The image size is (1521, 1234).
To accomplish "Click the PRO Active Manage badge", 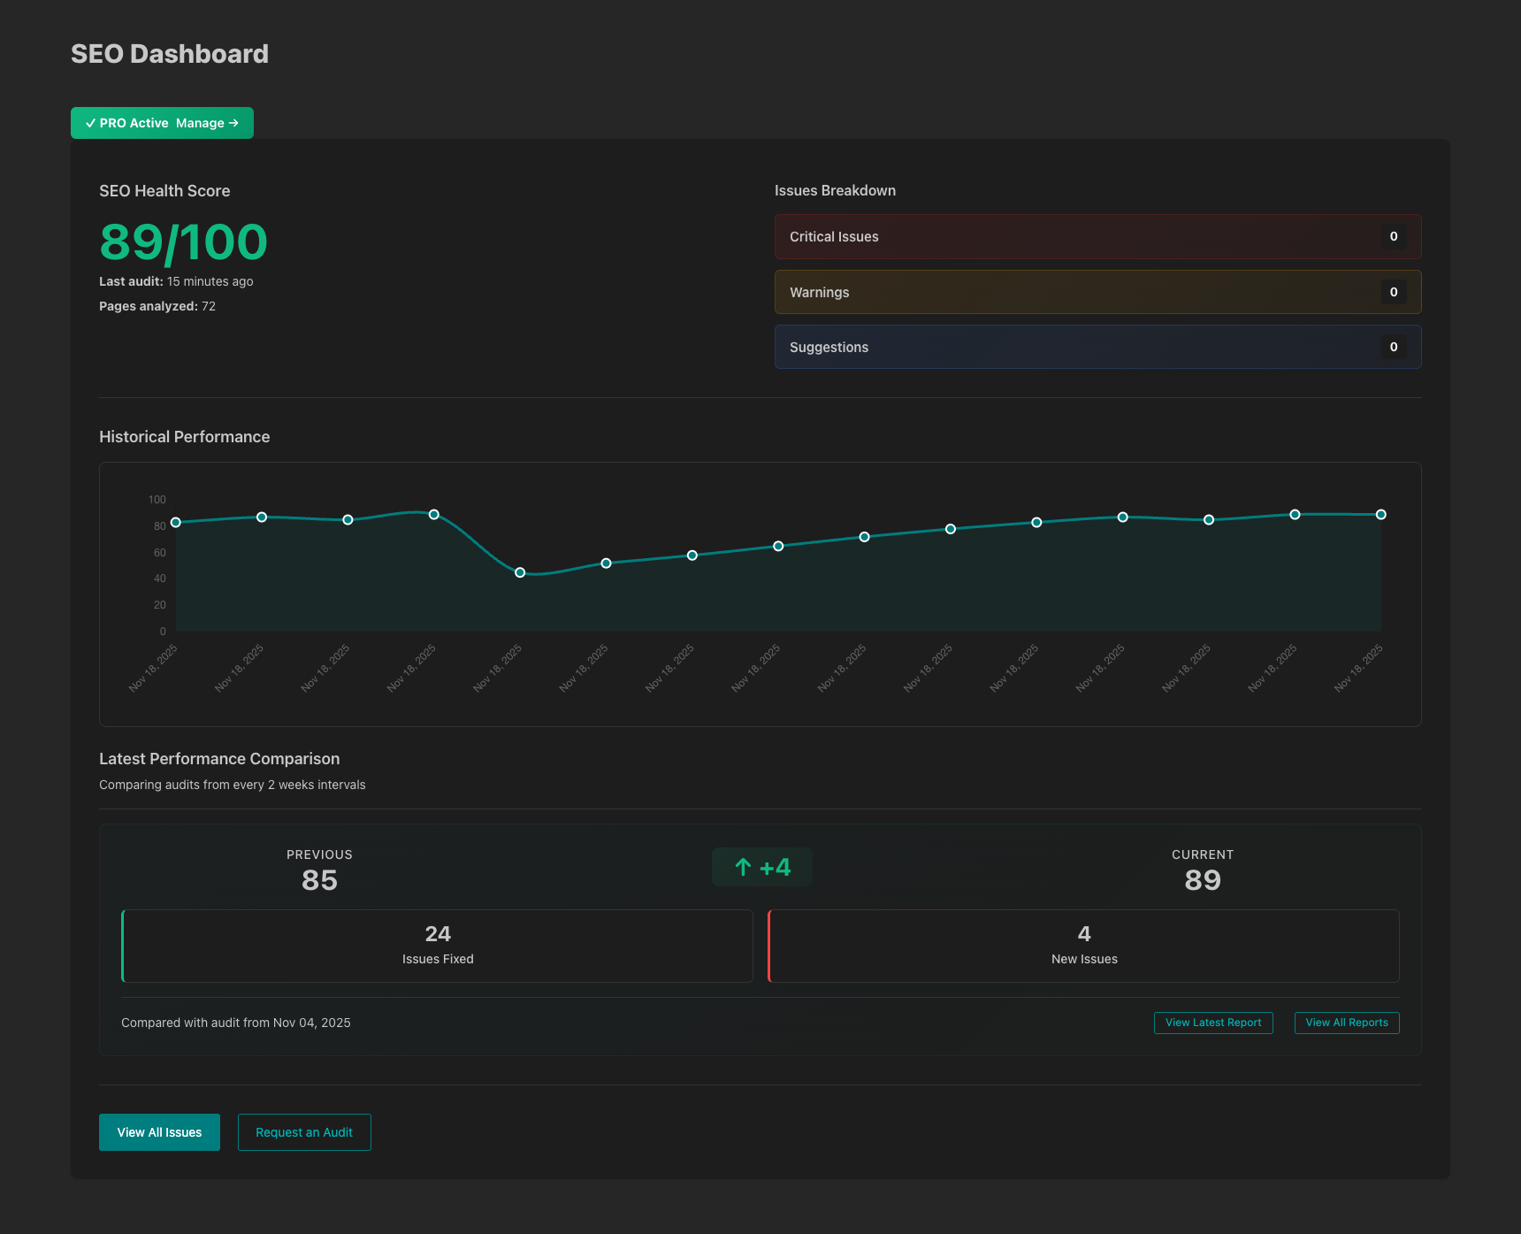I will tap(162, 123).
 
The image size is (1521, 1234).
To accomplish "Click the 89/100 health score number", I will tap(183, 242).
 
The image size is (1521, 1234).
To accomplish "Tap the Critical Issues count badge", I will tap(1393, 236).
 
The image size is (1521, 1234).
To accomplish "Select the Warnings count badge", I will tap(1393, 292).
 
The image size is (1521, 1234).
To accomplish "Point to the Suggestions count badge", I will tap(1393, 347).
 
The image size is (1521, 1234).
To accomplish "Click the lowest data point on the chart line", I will tap(520, 572).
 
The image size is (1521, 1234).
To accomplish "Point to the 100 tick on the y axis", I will tap(157, 500).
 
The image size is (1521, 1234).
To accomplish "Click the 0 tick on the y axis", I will tap(163, 632).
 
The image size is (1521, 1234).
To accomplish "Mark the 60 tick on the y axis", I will tap(160, 553).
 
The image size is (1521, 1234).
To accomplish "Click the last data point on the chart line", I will tap(1380, 515).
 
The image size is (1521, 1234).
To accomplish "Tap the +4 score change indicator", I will tap(762, 867).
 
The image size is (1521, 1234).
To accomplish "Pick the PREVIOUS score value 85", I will tap(319, 880).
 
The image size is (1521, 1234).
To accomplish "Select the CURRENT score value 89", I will tap(1203, 880).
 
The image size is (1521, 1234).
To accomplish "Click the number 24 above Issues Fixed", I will tap(438, 934).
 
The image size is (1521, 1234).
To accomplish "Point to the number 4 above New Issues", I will tap(1084, 934).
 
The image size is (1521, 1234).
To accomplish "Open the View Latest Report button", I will tap(1213, 1023).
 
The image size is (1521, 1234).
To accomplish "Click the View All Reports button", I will tap(1347, 1023).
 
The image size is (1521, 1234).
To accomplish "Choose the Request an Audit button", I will tap(304, 1132).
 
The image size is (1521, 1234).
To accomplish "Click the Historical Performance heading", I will tap(185, 437).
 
